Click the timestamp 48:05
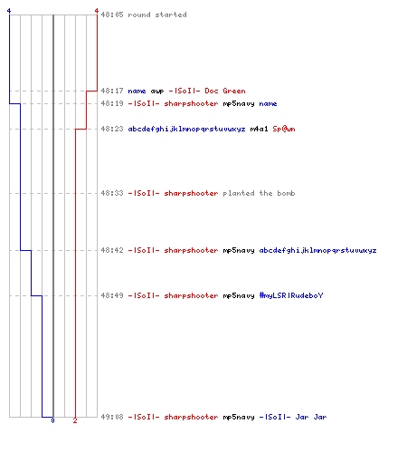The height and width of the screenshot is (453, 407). tap(112, 14)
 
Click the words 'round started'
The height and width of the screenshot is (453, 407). tap(157, 14)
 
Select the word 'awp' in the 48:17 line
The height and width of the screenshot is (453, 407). tap(157, 92)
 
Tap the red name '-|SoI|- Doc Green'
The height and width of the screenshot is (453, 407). tap(207, 91)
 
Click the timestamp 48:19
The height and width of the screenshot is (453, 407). tap(112, 103)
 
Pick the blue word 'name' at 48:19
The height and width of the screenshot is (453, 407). tap(268, 104)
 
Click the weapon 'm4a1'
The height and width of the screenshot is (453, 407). tap(259, 129)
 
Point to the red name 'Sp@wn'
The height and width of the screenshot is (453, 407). tap(284, 129)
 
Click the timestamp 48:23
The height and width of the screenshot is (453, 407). tap(112, 129)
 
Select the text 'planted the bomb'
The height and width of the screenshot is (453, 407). tap(259, 193)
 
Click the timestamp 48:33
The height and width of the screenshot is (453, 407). tap(112, 193)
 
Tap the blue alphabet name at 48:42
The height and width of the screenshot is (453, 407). tap(317, 250)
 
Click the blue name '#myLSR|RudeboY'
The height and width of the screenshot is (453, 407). tap(291, 295)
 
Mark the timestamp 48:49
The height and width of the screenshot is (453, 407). tap(112, 295)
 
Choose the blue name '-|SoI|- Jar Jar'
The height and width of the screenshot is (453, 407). tap(293, 417)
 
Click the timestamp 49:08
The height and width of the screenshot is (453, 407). tap(112, 417)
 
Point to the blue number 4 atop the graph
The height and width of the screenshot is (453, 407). tap(9, 11)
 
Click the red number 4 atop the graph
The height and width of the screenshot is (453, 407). tap(97, 11)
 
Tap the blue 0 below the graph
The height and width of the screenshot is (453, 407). tap(52, 420)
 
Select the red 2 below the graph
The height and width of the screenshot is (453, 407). tap(75, 420)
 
